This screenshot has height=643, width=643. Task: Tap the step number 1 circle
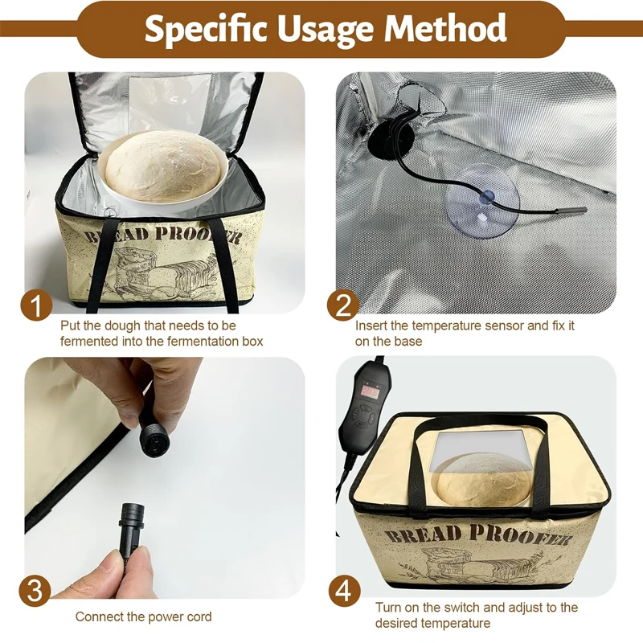pyautogui.click(x=36, y=305)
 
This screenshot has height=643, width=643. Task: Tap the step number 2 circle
pyautogui.click(x=342, y=305)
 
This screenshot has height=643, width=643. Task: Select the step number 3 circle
pyautogui.click(x=36, y=591)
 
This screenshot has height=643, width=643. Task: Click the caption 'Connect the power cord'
pyautogui.click(x=144, y=616)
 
